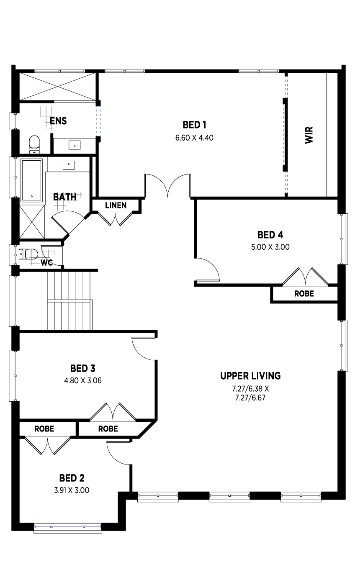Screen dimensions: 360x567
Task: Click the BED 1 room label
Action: point(194,125)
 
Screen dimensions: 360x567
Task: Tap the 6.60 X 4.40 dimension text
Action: point(194,138)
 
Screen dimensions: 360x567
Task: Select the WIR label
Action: point(309,135)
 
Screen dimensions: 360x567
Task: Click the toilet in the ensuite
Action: point(34,144)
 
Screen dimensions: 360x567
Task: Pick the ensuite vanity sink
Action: point(75,146)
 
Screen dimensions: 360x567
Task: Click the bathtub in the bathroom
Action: point(31,180)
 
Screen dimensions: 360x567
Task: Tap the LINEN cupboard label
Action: point(116,205)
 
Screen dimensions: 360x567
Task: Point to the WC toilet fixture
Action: point(28,254)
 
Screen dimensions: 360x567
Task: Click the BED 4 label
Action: point(270,235)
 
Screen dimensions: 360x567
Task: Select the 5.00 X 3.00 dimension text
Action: point(270,247)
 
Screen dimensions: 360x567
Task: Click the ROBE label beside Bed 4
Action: point(304,294)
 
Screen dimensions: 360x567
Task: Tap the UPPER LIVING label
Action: point(250,376)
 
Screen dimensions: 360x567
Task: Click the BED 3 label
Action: point(83,369)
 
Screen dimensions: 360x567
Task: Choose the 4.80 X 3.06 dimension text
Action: point(83,381)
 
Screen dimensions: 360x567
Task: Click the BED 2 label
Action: point(72,478)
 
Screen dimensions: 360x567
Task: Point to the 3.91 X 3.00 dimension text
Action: point(72,490)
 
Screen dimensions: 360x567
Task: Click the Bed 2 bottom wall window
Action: point(67,528)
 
